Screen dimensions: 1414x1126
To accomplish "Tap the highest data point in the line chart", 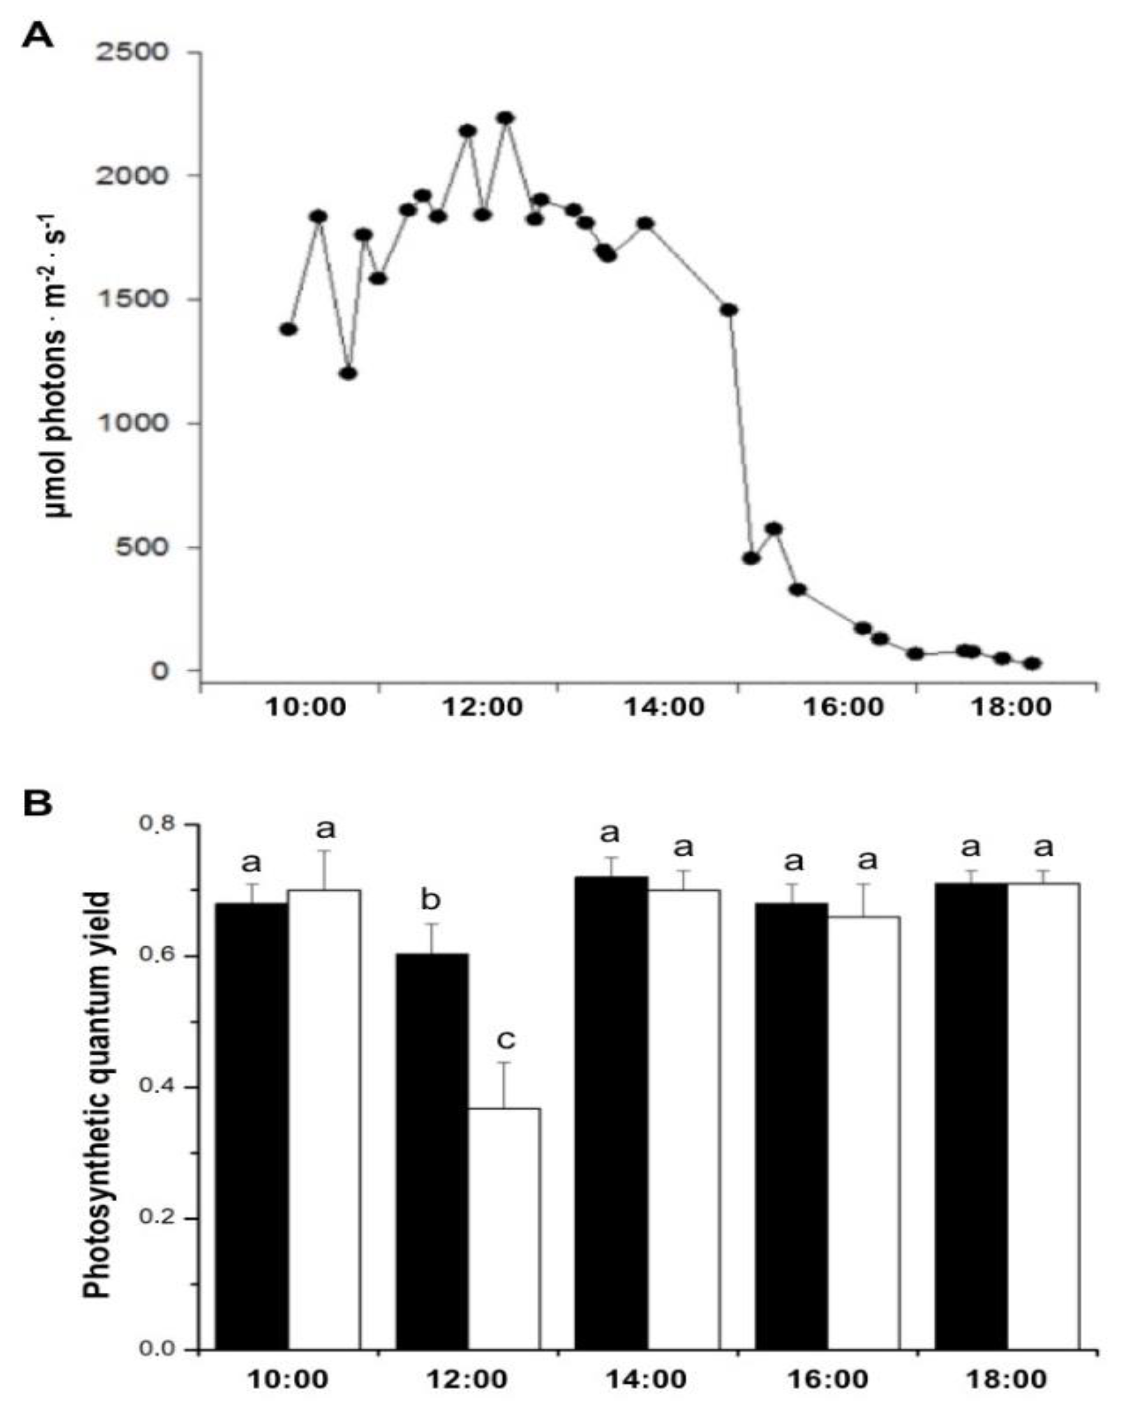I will coord(505,118).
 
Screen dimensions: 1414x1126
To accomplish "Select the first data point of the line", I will coord(289,329).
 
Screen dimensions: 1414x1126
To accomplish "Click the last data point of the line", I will coord(1032,663).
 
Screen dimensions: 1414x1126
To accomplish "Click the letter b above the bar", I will coord(430,901).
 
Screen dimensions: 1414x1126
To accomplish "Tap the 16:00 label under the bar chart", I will coord(827,1379).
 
